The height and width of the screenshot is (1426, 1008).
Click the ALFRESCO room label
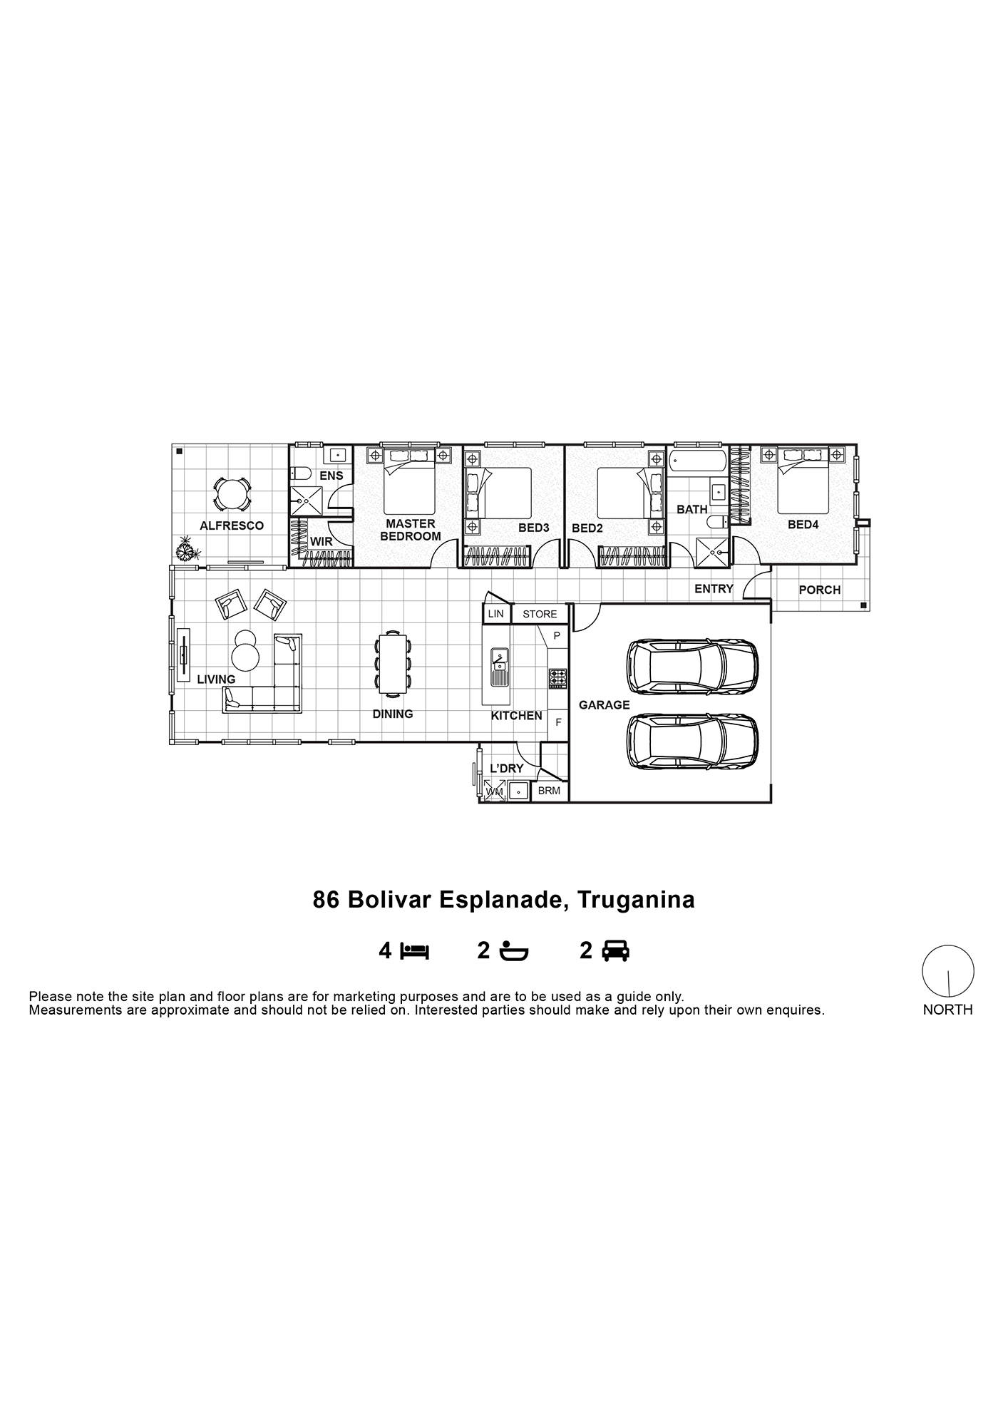pyautogui.click(x=232, y=526)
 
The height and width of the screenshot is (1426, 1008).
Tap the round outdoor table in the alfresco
pyautogui.click(x=231, y=493)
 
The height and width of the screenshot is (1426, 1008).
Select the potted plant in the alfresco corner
pyautogui.click(x=187, y=549)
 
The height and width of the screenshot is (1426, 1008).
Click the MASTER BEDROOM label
pyautogui.click(x=411, y=530)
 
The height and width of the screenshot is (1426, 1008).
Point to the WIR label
pyautogui.click(x=321, y=542)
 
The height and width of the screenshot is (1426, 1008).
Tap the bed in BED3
pyautogui.click(x=498, y=493)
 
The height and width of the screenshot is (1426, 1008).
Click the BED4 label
pyautogui.click(x=803, y=525)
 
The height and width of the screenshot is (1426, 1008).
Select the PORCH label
pyautogui.click(x=820, y=590)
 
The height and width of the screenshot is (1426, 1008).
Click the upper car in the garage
pyautogui.click(x=692, y=666)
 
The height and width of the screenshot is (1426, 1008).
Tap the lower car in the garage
pyautogui.click(x=692, y=742)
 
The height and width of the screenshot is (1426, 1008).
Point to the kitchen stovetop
pyautogui.click(x=557, y=678)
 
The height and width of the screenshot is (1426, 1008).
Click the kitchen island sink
pyautogui.click(x=499, y=661)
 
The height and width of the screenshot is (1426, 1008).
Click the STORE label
pyautogui.click(x=540, y=615)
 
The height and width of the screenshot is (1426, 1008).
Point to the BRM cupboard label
pyautogui.click(x=549, y=791)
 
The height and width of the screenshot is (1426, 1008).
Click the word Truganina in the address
pyautogui.click(x=636, y=900)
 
